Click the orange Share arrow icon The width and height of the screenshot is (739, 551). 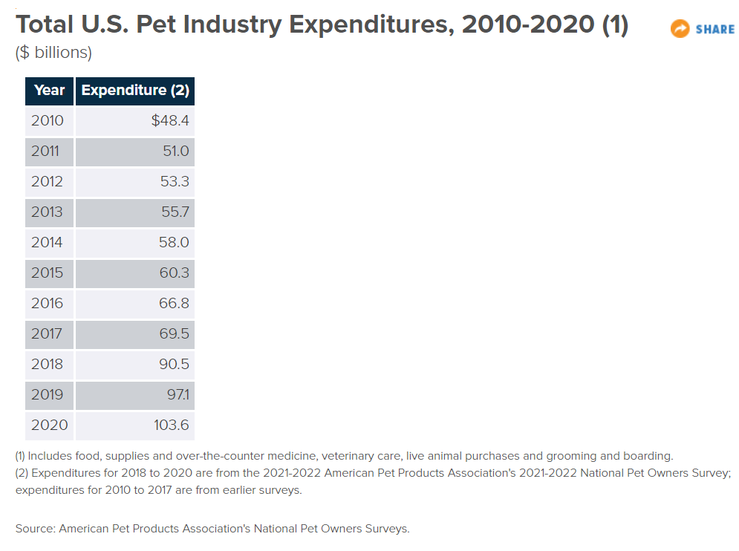680,29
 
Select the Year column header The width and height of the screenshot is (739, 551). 50,91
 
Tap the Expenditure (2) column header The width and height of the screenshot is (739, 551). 135,91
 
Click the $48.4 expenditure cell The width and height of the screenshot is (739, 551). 170,120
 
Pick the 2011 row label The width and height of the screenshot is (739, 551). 47,151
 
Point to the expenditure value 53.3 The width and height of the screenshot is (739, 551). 175,181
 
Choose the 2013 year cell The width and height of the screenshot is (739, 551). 47,212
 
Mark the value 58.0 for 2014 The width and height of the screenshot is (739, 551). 175,242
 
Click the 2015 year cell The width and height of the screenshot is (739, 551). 47,273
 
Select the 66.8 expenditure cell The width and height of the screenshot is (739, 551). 175,303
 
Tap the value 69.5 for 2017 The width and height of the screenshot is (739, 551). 175,333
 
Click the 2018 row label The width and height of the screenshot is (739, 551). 47,364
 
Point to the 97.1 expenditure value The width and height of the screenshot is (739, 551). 177,394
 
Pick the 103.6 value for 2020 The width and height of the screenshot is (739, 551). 172,425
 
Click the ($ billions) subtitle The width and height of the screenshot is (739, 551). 53,53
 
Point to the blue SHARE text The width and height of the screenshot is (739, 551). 715,30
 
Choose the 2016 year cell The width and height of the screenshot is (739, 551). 47,303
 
